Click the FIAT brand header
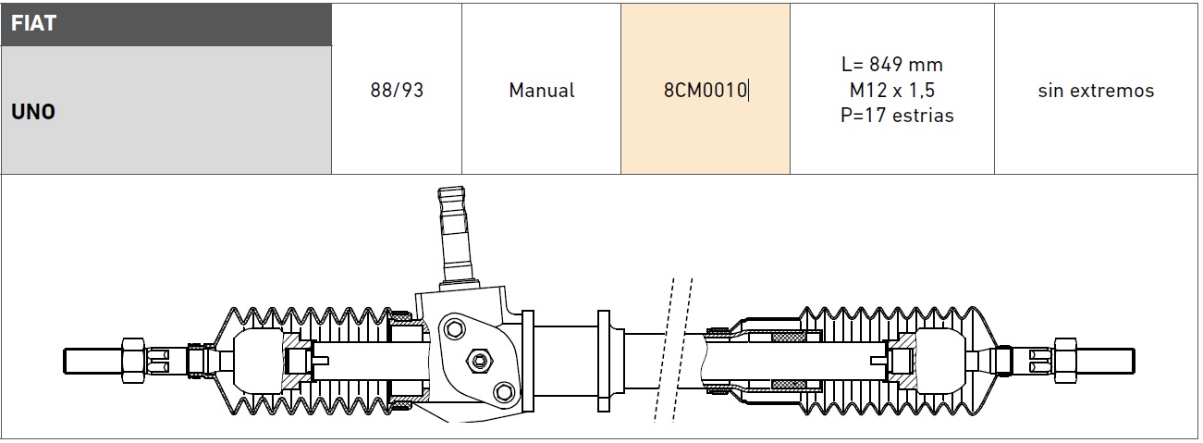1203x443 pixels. click(x=33, y=24)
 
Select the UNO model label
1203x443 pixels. click(x=33, y=112)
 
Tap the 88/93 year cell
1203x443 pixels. click(x=397, y=91)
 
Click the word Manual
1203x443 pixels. click(x=541, y=91)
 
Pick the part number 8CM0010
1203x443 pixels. click(x=706, y=91)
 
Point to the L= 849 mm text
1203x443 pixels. click(x=892, y=65)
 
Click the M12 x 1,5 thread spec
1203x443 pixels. click(x=892, y=91)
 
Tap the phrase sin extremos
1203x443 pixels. click(x=1096, y=91)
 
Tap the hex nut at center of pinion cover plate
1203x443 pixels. click(x=478, y=358)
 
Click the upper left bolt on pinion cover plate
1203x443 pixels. click(x=453, y=327)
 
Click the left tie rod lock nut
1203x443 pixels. click(x=132, y=358)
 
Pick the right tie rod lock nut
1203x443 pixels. click(x=1063, y=358)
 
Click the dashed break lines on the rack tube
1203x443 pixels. click(x=672, y=351)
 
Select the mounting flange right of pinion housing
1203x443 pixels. click(x=607, y=358)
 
